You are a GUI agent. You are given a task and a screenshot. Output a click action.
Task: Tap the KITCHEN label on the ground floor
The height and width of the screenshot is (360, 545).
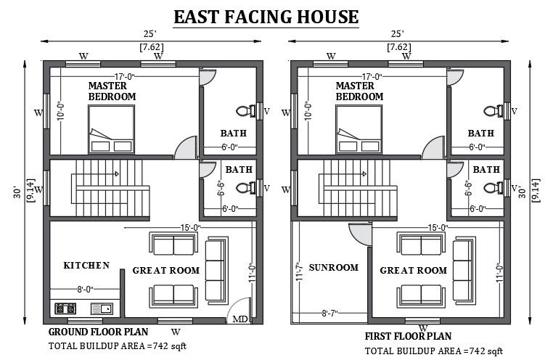(x=86, y=266)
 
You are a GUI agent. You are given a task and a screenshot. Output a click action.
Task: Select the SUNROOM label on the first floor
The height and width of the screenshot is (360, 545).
(x=334, y=268)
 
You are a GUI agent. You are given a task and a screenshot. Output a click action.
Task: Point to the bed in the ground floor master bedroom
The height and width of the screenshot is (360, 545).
(x=110, y=129)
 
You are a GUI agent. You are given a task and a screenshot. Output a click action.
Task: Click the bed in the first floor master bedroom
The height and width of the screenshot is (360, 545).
(x=358, y=129)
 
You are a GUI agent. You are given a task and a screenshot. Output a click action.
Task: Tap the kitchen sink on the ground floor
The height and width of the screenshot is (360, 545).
(x=101, y=308)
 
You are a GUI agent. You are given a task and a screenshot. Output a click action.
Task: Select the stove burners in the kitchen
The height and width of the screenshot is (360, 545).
(x=65, y=308)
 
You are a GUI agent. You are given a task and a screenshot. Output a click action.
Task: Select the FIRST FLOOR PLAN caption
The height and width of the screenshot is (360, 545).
(x=408, y=337)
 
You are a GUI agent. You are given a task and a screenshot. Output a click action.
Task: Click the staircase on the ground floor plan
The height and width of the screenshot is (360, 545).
(x=99, y=186)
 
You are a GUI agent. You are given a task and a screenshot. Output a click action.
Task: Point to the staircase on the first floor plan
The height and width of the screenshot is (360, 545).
(x=347, y=186)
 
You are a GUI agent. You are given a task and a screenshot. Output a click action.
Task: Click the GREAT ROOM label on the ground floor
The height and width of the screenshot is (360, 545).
(x=165, y=271)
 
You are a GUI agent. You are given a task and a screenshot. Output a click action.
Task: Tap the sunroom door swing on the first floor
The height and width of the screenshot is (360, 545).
(x=358, y=234)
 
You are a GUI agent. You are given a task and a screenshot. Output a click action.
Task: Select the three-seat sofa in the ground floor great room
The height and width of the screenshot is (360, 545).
(x=216, y=270)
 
